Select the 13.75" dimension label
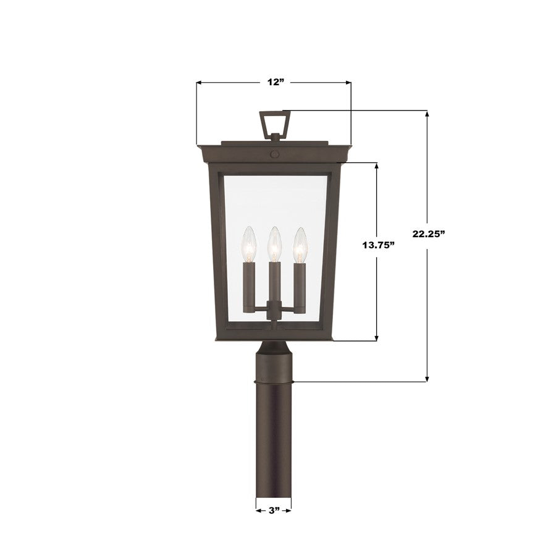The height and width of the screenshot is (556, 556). pyautogui.click(x=378, y=245)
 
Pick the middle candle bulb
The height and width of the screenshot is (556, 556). pyautogui.click(x=273, y=244)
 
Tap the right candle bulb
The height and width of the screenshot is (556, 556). pyautogui.click(x=299, y=244)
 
